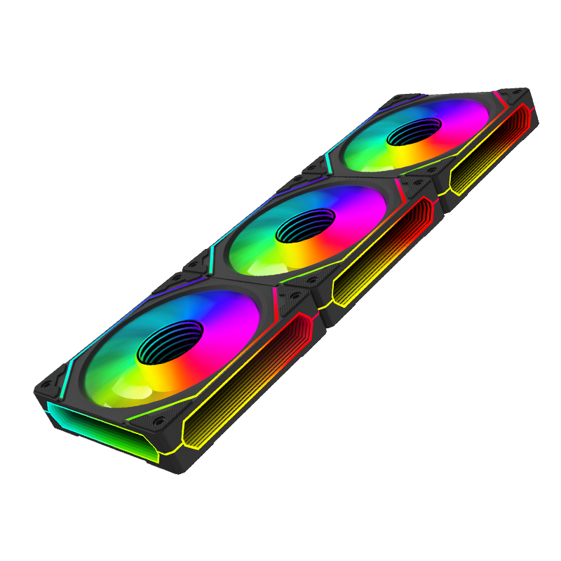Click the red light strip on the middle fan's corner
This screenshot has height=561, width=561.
[400, 188]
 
